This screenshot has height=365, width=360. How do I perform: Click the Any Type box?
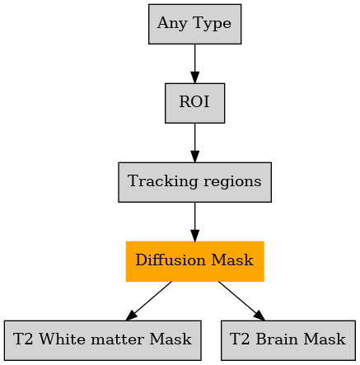coord(194,24)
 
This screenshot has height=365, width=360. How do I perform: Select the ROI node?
coord(194,103)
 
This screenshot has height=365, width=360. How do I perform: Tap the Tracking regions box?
coord(194,182)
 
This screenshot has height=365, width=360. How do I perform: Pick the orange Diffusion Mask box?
coord(194,261)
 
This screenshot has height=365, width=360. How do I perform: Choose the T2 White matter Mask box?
coord(103,340)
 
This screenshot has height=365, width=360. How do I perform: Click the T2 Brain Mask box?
coord(288,340)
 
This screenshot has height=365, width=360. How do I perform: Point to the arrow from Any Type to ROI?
coord(194,63)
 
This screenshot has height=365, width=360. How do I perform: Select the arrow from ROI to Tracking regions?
coord(194,143)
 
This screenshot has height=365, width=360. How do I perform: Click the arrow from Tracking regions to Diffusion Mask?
coord(194,222)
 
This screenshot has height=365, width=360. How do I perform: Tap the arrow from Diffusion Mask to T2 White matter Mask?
coord(148,301)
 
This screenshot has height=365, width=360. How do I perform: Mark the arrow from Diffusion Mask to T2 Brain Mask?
coord(242,301)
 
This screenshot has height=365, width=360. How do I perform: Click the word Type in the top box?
coord(212,24)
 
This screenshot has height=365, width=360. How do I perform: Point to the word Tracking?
coord(163,182)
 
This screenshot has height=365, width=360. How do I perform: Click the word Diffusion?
coord(171,260)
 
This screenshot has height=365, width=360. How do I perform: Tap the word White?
coord(63,339)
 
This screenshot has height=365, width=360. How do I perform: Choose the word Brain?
coord(277,339)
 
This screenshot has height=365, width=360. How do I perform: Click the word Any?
coord(173,24)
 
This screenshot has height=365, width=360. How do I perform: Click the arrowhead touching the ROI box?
coord(194,77)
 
